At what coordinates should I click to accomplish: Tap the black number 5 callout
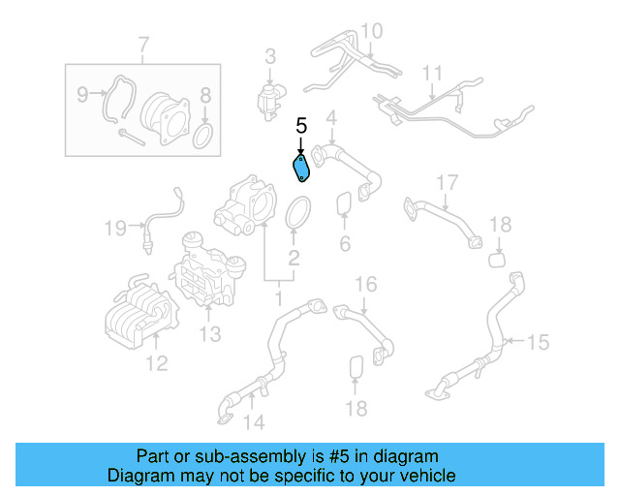point(301,126)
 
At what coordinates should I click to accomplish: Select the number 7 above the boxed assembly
point(143,45)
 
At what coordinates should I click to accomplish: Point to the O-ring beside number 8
point(203,135)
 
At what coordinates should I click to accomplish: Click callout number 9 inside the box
point(82,94)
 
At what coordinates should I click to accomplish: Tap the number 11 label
point(432,73)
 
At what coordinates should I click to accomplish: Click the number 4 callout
point(331,118)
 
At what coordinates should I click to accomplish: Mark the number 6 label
point(345,243)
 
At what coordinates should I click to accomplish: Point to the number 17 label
point(446,182)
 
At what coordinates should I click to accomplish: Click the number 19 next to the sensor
point(116,229)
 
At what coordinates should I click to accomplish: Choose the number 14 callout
point(254,421)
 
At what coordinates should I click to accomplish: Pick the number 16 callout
point(364,284)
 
